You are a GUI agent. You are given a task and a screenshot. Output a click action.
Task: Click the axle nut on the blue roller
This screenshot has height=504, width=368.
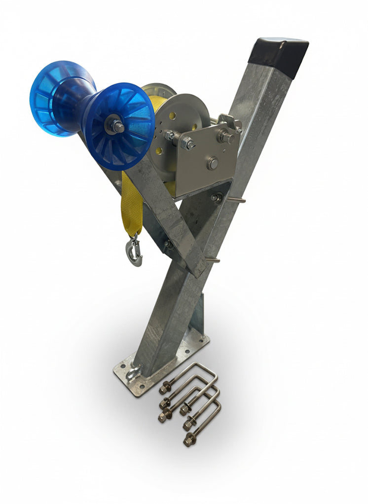click(116, 127)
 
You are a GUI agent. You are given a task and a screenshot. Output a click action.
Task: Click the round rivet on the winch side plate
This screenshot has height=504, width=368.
click(212, 163)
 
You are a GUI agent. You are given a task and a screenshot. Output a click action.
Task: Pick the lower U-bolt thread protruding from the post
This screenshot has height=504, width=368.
click(212, 259)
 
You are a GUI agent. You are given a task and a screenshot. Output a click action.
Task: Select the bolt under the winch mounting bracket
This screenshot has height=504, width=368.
click(216, 197)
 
